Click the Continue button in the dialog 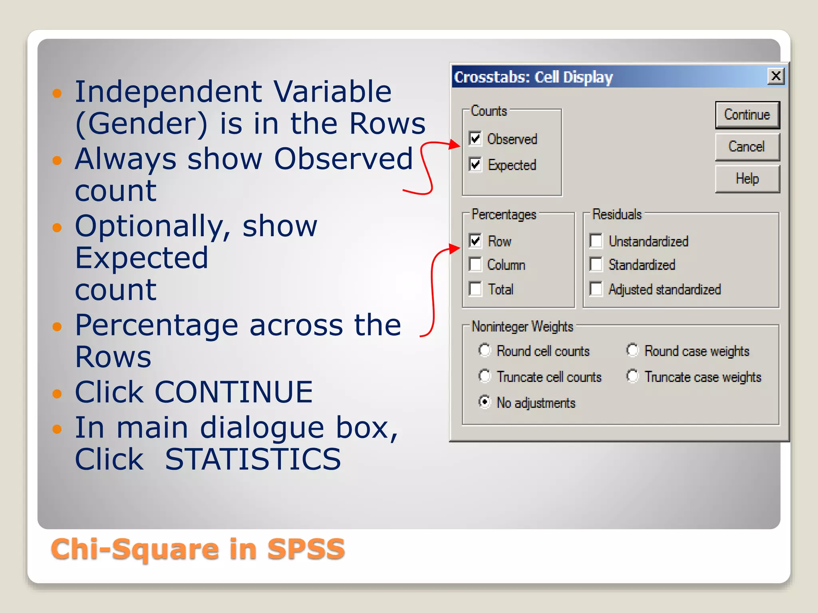(747, 115)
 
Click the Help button (747, 179)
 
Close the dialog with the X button (776, 76)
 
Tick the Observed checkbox (475, 139)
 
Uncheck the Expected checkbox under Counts (475, 164)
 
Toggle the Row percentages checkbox (475, 241)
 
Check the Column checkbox (475, 265)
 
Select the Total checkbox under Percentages (475, 289)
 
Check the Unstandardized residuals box (596, 241)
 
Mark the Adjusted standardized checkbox (596, 289)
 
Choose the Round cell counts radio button (484, 350)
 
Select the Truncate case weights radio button (632, 376)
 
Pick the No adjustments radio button (484, 402)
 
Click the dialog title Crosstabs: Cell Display (533, 77)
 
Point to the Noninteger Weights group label (522, 326)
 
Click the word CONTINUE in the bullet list (234, 392)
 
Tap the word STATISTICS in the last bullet (253, 459)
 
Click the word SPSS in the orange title (306, 549)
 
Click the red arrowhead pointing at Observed (454, 144)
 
